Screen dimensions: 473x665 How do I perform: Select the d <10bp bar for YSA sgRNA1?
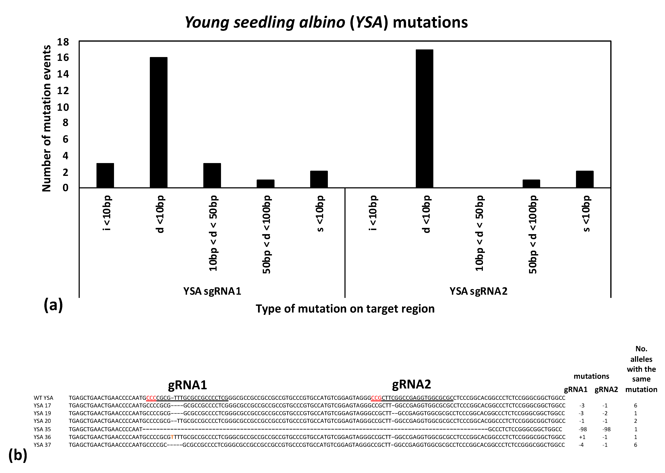coord(159,122)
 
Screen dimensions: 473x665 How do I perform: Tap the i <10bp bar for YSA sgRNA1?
coord(105,175)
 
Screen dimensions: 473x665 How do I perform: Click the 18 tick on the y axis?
coord(63,42)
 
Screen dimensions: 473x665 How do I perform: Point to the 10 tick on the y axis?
coord(63,107)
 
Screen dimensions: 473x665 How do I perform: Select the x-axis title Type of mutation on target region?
coord(345,309)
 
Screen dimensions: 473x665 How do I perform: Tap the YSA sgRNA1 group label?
coord(212,291)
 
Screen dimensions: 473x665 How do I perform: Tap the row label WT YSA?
coord(43,398)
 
